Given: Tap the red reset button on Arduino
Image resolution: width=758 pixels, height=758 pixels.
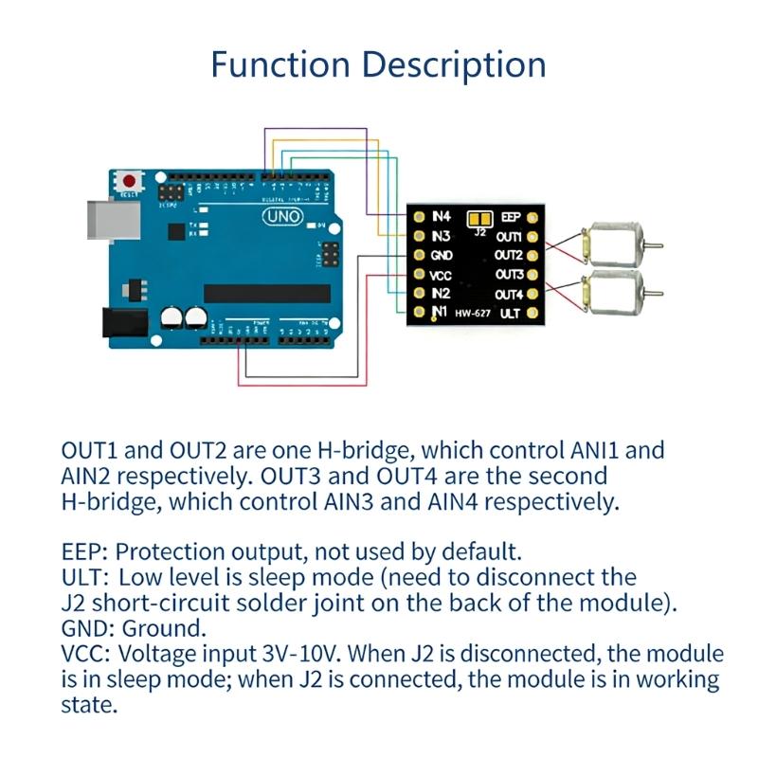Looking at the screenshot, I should pos(128,179).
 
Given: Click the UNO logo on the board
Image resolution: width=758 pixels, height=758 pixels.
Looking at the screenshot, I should pos(283,218).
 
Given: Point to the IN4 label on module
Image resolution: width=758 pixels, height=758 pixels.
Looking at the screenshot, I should pos(441,217).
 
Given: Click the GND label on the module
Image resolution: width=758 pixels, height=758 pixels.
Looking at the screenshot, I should pos(442,256).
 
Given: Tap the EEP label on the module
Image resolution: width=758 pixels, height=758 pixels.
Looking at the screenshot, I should pos(509,217).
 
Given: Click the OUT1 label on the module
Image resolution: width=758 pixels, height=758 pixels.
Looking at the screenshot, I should pos(508,236).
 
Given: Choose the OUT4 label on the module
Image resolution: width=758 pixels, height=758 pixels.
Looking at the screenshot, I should pos(508,294).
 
